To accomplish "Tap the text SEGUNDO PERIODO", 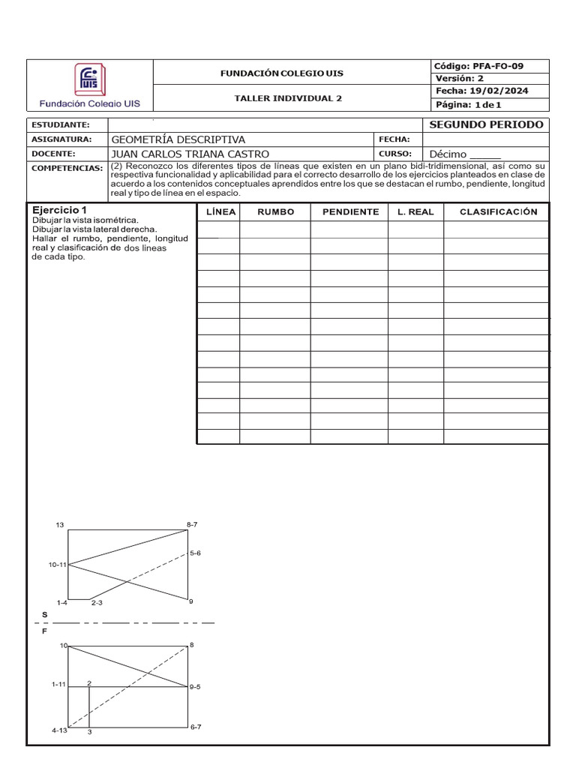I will [x=486, y=124].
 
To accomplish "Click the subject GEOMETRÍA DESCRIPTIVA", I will [x=178, y=139].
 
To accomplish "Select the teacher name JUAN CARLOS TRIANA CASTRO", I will [x=190, y=154].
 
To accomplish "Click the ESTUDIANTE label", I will [x=60, y=125].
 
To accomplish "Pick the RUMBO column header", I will [x=275, y=212].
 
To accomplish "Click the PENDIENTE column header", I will [x=350, y=212].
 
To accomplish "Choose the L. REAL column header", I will [x=415, y=212].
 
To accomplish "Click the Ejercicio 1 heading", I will [x=60, y=210].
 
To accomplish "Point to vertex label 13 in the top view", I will [x=60, y=525].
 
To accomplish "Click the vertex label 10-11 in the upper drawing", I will [x=58, y=565].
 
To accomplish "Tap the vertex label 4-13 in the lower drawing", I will [x=59, y=730].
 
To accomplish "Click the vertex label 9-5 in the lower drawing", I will [x=195, y=686].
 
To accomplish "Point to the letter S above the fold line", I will [x=44, y=614].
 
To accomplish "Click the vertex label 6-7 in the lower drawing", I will [x=195, y=727].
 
